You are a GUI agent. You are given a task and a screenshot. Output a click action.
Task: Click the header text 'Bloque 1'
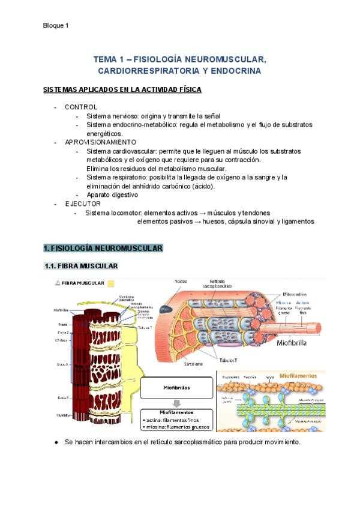pyautogui.click(x=56, y=25)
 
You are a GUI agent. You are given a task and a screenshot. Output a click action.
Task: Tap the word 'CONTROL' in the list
pyautogui.click(x=81, y=107)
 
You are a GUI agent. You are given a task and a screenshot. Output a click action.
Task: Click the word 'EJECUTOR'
pyautogui.click(x=83, y=204)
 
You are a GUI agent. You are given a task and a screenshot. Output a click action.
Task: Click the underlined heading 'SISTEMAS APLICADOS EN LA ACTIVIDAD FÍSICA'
pyautogui.click(x=122, y=89)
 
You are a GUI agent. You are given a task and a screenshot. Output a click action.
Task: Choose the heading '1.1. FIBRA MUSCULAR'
pyautogui.click(x=82, y=266)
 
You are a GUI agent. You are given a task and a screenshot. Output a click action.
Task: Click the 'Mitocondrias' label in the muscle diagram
pyautogui.click(x=298, y=294)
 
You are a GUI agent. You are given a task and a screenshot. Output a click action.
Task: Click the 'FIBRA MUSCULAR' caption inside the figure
pyautogui.click(x=83, y=283)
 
